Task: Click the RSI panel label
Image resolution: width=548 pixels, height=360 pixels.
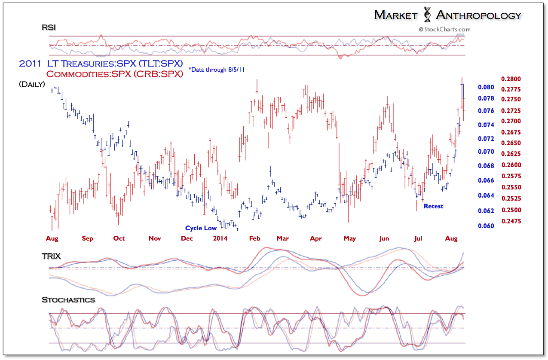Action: pyautogui.click(x=49, y=28)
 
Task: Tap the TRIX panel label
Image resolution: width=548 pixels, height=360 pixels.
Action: pyautogui.click(x=51, y=256)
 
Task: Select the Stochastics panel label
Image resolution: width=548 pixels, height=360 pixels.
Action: pyautogui.click(x=68, y=300)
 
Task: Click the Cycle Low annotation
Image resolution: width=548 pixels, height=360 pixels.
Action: pyautogui.click(x=201, y=228)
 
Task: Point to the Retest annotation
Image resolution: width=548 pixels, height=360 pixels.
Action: pyautogui.click(x=433, y=206)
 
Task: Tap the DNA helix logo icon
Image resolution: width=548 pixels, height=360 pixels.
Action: pyautogui.click(x=427, y=15)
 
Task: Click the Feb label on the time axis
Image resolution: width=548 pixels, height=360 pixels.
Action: pyautogui.click(x=255, y=238)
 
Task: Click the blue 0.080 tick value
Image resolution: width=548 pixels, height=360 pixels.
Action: pyautogui.click(x=486, y=87)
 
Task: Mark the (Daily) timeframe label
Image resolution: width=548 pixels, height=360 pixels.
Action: pyautogui.click(x=32, y=85)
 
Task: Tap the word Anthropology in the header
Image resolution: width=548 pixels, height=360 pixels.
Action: pyautogui.click(x=478, y=15)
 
